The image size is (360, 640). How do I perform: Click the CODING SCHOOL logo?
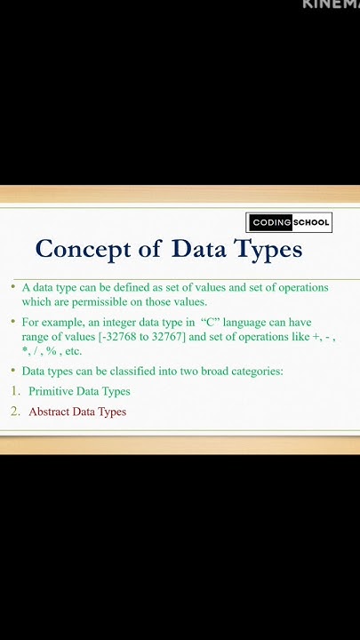[289, 222]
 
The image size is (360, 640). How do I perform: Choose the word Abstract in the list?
[52, 412]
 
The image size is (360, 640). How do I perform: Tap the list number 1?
[15, 391]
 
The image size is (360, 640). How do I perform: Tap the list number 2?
[15, 412]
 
